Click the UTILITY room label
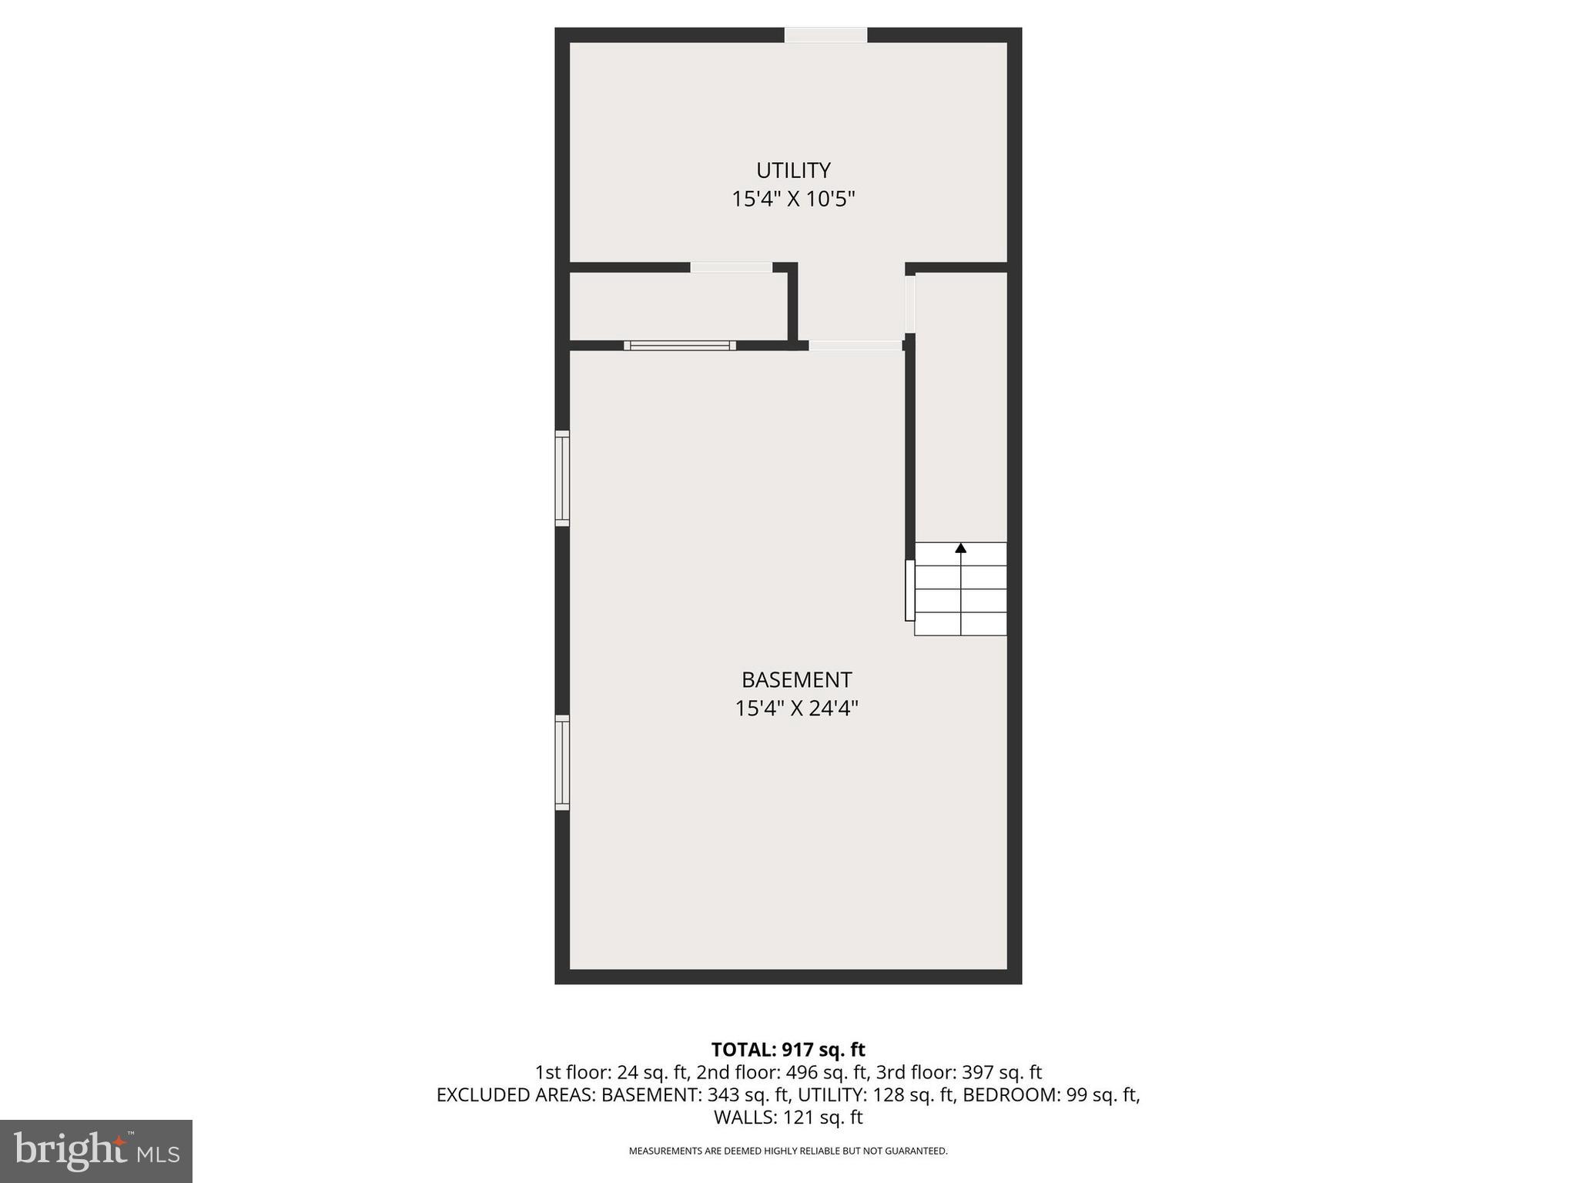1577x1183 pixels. tap(793, 170)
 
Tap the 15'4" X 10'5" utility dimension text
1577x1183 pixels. tap(793, 199)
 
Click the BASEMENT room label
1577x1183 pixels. tap(796, 680)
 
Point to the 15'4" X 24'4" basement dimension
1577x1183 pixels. tap(796, 709)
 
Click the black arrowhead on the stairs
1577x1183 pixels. tap(960, 548)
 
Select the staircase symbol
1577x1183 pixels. tap(960, 590)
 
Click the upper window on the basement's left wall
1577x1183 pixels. tap(563, 478)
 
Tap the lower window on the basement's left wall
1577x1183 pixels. tap(563, 762)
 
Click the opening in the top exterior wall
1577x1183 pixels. tap(825, 35)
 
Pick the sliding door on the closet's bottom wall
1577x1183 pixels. tap(679, 346)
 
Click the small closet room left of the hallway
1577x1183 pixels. tap(678, 307)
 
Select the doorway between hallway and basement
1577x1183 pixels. tap(855, 346)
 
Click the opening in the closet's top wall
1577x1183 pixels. tap(731, 267)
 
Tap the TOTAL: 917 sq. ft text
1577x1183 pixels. tap(788, 1050)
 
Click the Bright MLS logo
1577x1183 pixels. tap(96, 1151)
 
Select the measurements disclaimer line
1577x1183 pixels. tap(788, 1151)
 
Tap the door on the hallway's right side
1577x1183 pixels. tap(909, 304)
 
